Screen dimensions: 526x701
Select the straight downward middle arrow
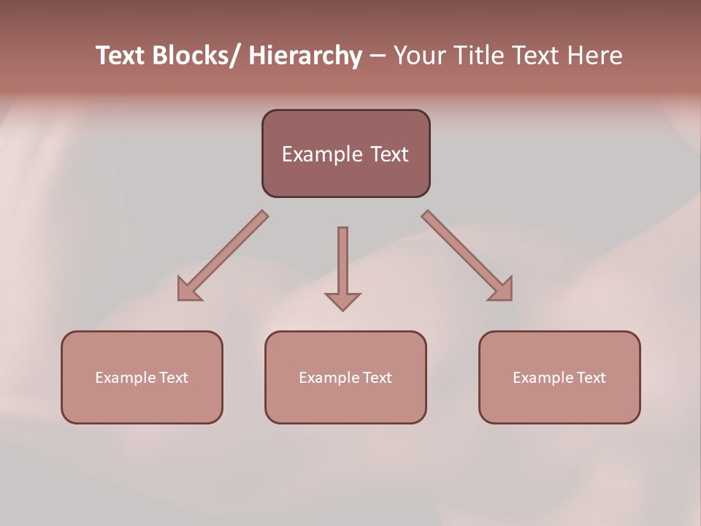(342, 263)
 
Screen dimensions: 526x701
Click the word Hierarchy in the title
(305, 56)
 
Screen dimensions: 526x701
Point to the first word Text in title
(121, 56)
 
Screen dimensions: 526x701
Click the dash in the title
(377, 56)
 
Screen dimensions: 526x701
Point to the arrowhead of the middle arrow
(342, 300)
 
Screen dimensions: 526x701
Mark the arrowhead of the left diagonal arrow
(188, 290)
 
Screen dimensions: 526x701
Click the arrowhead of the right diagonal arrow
(502, 290)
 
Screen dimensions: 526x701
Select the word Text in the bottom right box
(591, 378)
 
